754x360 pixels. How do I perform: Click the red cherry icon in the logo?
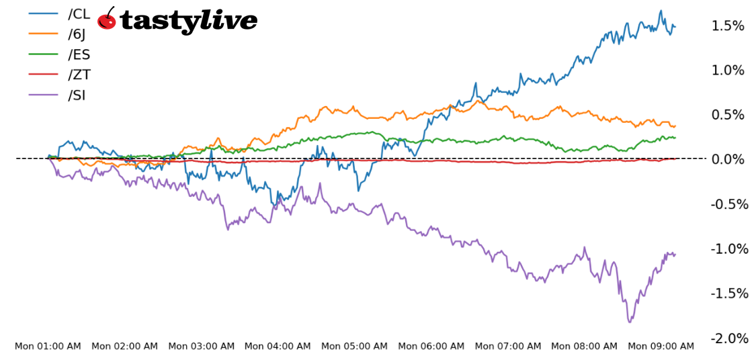click(107, 19)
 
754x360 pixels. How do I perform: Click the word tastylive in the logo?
click(188, 21)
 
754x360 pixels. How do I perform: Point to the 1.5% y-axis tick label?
click(728, 26)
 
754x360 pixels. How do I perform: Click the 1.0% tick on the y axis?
click(728, 71)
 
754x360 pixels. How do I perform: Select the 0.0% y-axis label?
click(728, 159)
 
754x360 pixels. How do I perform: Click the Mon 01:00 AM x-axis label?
click(48, 347)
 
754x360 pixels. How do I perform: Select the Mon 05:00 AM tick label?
click(354, 347)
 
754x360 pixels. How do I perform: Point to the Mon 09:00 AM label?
click(661, 347)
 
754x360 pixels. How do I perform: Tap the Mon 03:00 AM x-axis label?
click(201, 347)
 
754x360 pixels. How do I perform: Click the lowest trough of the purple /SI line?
click(630, 322)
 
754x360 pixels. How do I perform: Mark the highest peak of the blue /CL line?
click(661, 11)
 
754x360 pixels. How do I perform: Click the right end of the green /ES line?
click(675, 137)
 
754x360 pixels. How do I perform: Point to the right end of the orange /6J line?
click(675, 126)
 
